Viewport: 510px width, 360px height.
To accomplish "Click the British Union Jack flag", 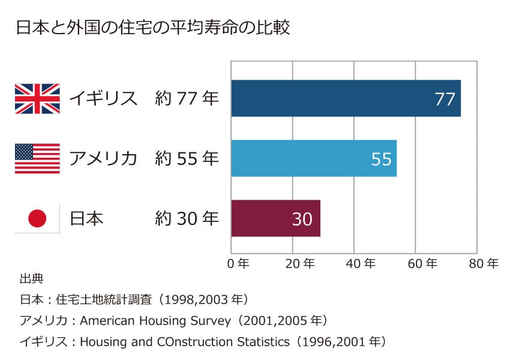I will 37,98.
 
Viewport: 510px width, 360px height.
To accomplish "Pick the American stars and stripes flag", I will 37,158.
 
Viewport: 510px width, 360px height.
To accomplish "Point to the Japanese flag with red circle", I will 37,218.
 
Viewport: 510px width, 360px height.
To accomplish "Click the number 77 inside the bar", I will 445,99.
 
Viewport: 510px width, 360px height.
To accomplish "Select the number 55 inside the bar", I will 381,159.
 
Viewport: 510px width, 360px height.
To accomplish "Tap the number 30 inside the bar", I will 302,219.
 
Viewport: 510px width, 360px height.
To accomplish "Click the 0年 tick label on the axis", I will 239,263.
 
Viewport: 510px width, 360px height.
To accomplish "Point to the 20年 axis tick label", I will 300,263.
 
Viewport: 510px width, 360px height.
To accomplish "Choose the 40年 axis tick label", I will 361,263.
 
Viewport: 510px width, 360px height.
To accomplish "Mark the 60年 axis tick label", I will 423,263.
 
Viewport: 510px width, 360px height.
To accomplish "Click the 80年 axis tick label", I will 484,263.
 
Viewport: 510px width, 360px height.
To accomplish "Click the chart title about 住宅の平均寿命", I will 153,27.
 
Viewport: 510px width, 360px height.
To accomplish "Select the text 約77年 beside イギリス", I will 187,98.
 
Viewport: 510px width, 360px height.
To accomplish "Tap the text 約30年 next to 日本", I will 187,218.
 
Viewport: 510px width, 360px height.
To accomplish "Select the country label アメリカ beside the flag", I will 103,158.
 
